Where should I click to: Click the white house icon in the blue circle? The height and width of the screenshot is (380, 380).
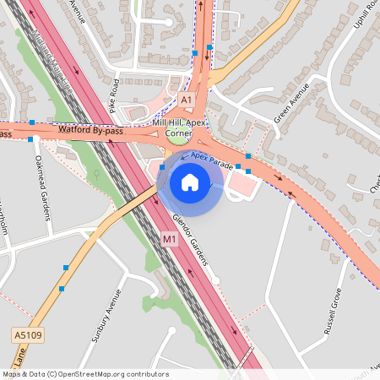pos(190,182)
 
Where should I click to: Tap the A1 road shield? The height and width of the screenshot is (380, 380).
pos(187,100)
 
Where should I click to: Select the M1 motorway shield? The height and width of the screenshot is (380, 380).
pos(169,241)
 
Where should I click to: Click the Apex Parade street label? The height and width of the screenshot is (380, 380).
pos(212,160)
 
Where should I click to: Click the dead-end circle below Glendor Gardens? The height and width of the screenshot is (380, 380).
pos(215,280)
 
